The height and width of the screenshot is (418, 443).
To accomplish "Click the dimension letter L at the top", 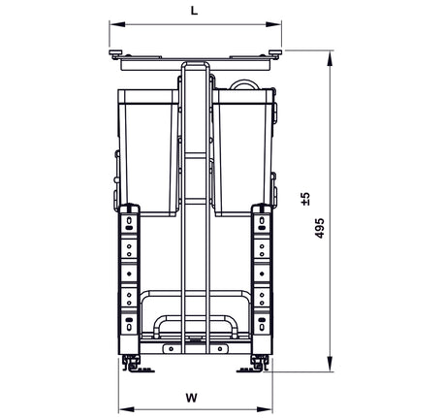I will pyautogui.click(x=195, y=11).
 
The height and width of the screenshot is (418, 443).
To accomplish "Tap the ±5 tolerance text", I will pyautogui.click(x=305, y=199).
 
